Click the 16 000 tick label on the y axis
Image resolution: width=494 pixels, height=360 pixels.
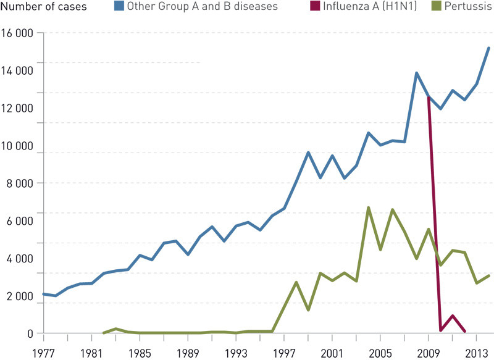[x=17, y=33]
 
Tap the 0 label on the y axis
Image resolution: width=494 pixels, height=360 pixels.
[x=28, y=334]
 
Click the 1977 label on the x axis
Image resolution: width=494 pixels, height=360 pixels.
[x=43, y=353]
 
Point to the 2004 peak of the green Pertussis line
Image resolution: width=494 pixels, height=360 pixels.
[x=369, y=207]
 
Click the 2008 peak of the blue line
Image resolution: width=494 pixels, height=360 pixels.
[x=417, y=73]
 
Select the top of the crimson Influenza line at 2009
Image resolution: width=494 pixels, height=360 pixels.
[x=429, y=97]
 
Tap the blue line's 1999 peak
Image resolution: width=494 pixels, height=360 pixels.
[x=308, y=153]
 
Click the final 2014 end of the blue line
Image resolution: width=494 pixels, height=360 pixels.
[x=489, y=48]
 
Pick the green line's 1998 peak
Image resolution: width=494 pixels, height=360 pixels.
[x=296, y=282]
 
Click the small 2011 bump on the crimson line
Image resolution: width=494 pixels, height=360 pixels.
[x=453, y=316]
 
